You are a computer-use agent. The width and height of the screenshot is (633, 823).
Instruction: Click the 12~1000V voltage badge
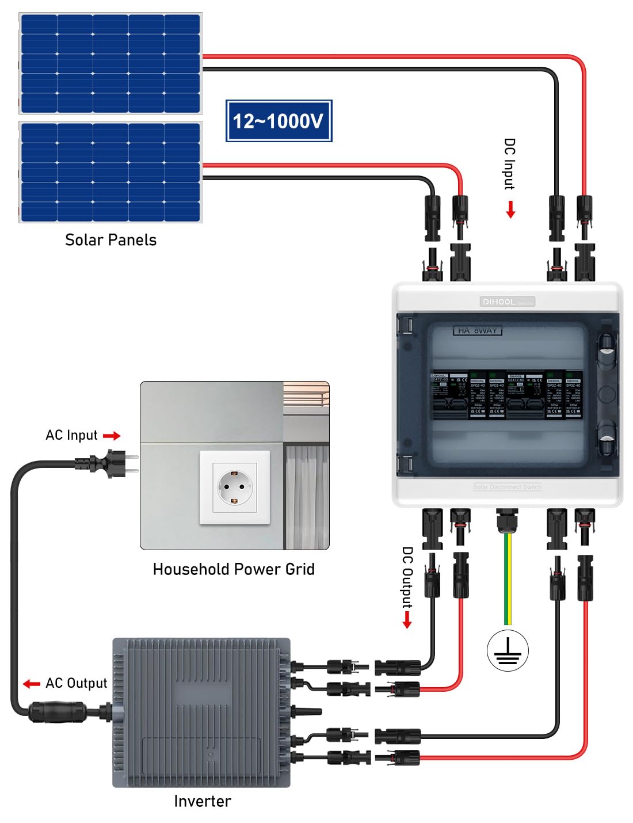pos(279,121)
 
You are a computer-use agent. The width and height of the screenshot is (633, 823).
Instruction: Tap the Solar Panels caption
pos(110,240)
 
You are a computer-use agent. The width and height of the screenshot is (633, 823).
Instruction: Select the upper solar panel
pos(110,63)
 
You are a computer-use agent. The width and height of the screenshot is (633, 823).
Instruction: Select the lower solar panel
pos(110,172)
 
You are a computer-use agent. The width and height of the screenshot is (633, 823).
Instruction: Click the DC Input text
pos(509,164)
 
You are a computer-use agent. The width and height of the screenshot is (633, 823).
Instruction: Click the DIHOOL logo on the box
pos(499,302)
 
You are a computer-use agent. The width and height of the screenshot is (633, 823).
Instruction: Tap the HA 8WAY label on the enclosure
pos(477,330)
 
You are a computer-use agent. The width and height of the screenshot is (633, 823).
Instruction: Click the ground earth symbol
pos(507,651)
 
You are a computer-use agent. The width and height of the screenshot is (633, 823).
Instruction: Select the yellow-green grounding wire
pos(508,581)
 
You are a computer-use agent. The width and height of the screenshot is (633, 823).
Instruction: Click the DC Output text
pos(407,577)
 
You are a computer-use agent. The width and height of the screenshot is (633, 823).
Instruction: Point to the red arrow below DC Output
pos(407,620)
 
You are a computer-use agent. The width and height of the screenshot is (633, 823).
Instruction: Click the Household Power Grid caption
pos(234,569)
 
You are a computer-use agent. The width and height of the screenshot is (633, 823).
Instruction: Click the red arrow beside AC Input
pos(112,436)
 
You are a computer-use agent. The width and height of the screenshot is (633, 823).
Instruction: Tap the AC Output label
pos(76,683)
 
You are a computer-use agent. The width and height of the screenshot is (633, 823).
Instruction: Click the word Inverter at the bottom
pos(203,801)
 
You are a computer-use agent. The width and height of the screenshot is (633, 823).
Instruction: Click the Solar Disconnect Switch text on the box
pos(507,487)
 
